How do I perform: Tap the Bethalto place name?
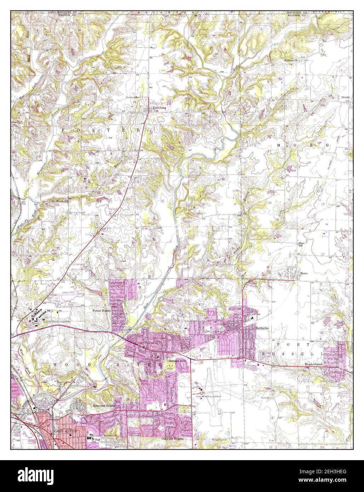pyautogui.click(x=262, y=328)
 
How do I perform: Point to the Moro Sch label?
pyautogui.click(x=302, y=245)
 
